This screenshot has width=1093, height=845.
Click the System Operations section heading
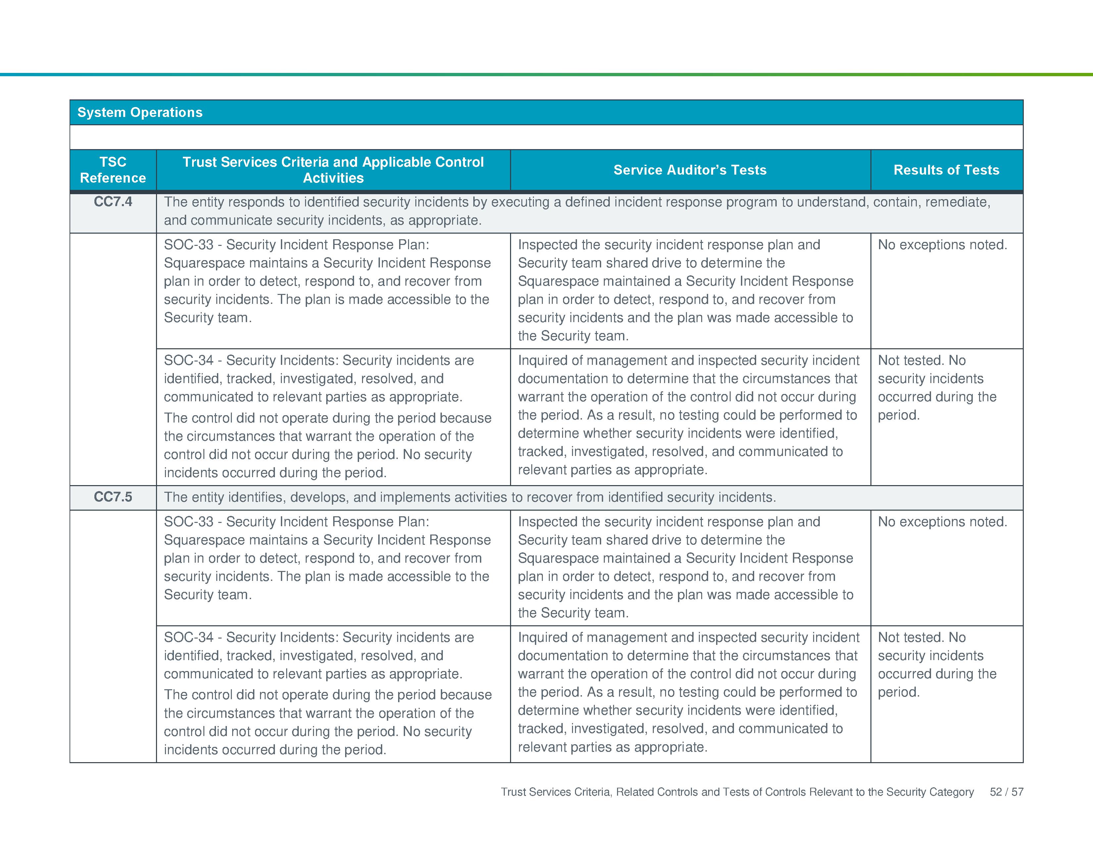point(140,112)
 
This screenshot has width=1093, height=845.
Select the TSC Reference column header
point(113,170)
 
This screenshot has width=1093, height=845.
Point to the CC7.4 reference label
point(113,202)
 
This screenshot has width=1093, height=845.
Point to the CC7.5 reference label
point(113,497)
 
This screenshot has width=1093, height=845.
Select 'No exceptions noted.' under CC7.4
point(942,245)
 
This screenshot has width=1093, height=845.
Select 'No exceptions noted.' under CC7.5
point(942,522)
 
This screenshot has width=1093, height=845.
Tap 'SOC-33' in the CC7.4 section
point(189,245)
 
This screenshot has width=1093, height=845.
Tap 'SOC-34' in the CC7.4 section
point(189,361)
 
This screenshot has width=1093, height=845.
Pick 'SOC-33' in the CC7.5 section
point(189,522)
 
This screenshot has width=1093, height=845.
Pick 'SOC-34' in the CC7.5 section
point(189,637)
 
